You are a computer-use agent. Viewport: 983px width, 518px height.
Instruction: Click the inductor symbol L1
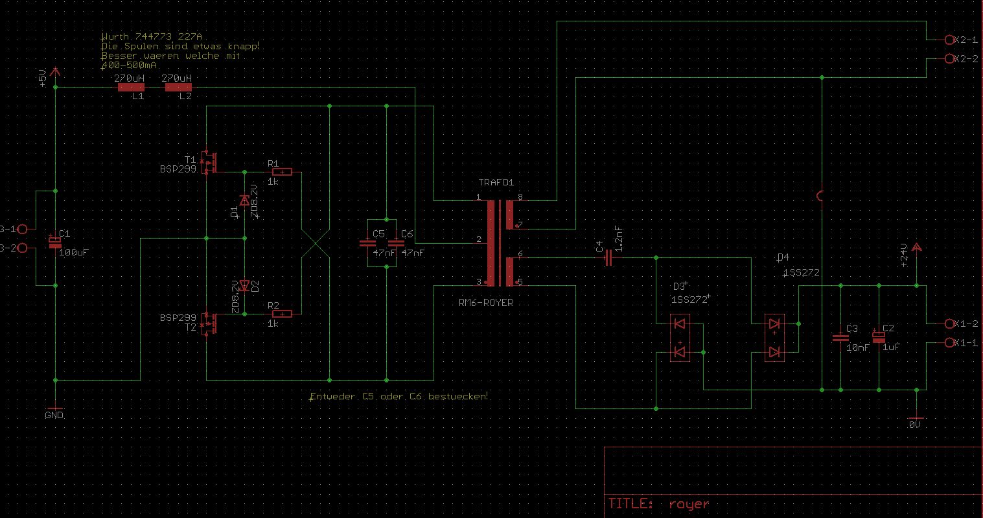(x=130, y=87)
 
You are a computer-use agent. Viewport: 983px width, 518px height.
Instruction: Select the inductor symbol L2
(x=178, y=87)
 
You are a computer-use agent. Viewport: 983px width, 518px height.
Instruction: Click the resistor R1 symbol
(x=282, y=172)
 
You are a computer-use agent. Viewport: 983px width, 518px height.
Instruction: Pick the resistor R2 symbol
(x=282, y=314)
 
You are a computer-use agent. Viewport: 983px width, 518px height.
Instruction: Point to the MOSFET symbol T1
(x=208, y=162)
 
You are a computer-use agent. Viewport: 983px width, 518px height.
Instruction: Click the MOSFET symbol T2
(x=208, y=323)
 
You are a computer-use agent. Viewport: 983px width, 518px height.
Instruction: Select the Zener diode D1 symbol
(x=244, y=200)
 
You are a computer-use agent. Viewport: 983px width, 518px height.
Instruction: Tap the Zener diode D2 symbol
(x=244, y=285)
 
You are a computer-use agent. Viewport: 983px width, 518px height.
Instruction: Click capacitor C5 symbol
(x=367, y=243)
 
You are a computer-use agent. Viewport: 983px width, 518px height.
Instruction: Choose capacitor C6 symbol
(x=395, y=243)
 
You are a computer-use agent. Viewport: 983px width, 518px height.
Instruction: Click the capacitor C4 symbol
(x=608, y=259)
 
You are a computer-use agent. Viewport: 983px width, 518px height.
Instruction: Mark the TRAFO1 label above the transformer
(x=496, y=183)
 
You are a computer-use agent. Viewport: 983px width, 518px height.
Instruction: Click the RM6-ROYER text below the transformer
(x=486, y=302)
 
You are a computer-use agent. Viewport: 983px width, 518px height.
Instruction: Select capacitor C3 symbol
(x=840, y=338)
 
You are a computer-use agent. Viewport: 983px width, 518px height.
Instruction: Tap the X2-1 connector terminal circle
(x=951, y=40)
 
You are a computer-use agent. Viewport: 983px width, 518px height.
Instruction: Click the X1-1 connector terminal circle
(x=951, y=342)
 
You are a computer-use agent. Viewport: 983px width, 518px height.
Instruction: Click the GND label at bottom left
(x=54, y=415)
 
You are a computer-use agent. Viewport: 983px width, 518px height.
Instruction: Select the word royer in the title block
(x=689, y=504)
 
